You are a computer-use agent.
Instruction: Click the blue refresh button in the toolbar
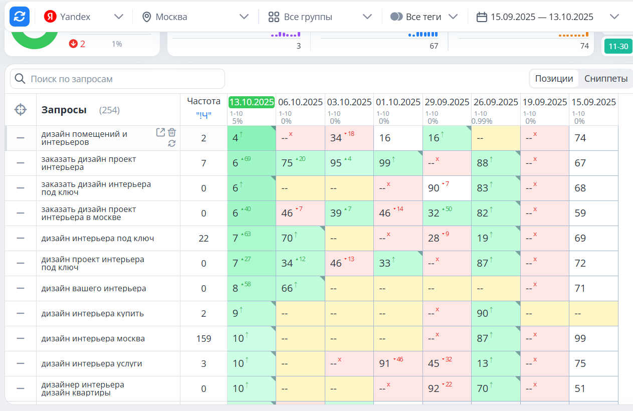coord(20,17)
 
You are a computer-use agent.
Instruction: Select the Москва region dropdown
coord(195,17)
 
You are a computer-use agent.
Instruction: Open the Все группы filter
coord(320,17)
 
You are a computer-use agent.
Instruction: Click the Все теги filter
coord(424,17)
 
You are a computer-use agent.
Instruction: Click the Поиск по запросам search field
coord(118,79)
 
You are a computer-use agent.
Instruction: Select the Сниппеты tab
coord(605,79)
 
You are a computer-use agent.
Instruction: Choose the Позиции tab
coord(554,79)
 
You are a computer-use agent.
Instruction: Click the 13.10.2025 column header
coord(252,102)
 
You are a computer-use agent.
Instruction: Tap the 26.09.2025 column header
coord(496,102)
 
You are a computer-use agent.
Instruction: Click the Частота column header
coord(203,101)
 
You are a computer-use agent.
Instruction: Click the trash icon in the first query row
coord(172,132)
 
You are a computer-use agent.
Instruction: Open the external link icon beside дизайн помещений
coord(160,132)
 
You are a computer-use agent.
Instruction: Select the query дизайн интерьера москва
coord(93,339)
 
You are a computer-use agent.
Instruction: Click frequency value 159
coord(203,339)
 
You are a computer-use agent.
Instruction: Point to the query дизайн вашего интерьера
coord(94,289)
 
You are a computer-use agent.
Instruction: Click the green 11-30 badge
coord(618,47)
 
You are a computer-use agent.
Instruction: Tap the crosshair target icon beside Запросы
coord(21,109)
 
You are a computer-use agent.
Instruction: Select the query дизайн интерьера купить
coord(93,314)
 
